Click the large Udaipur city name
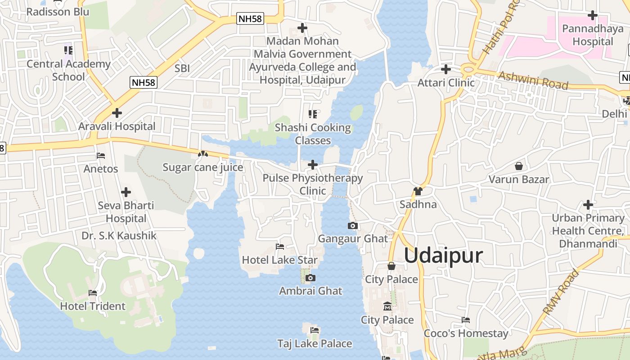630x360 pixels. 443,255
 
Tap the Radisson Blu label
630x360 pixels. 58,11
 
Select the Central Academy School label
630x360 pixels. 68,70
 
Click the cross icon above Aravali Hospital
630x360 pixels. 117,112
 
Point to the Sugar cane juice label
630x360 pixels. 202,167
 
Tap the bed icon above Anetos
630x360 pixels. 101,156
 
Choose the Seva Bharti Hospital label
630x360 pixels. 126,211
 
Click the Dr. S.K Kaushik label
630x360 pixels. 119,235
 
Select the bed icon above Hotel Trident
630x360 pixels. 93,292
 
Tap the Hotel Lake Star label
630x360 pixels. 279,260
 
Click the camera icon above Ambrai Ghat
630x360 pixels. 310,278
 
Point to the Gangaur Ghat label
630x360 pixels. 352,238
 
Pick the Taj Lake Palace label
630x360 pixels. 315,343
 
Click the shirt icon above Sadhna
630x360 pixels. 418,191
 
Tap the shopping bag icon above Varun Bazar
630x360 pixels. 519,166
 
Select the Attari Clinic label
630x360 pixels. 445,82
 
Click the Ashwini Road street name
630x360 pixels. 533,81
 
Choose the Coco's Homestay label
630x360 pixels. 466,333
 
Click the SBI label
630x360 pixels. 182,68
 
